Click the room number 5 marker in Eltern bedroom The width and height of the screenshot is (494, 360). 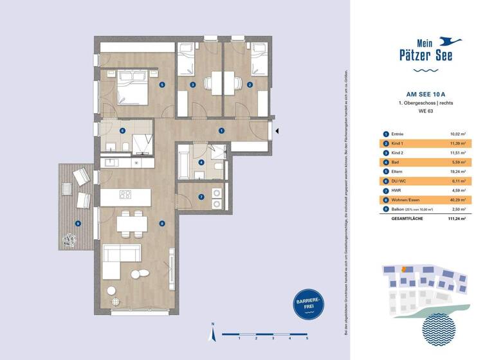point(162,84)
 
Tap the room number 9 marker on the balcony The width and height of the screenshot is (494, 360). point(78,223)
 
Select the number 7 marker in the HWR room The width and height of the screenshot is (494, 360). point(201,197)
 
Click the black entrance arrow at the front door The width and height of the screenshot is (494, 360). point(277,130)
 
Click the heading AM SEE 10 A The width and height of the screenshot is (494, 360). point(423,93)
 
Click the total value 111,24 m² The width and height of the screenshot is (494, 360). point(457,219)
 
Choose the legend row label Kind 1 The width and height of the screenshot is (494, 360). point(397,144)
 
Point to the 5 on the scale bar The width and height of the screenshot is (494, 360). point(307,337)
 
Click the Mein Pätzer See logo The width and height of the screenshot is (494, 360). point(423,52)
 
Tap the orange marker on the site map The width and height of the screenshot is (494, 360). point(403,269)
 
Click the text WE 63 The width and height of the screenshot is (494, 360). point(423,112)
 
